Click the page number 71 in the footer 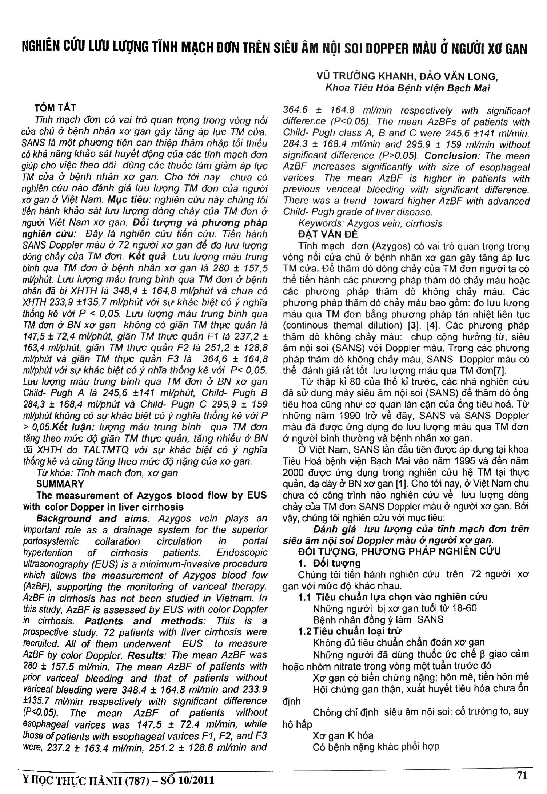tap(522, 776)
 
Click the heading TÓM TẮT tap(55, 108)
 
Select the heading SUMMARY tap(60, 484)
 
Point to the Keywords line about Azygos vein tap(370, 223)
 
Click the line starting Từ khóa tap(107, 473)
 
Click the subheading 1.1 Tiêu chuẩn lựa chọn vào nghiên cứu tap(392, 597)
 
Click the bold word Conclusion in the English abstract tap(451, 156)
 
